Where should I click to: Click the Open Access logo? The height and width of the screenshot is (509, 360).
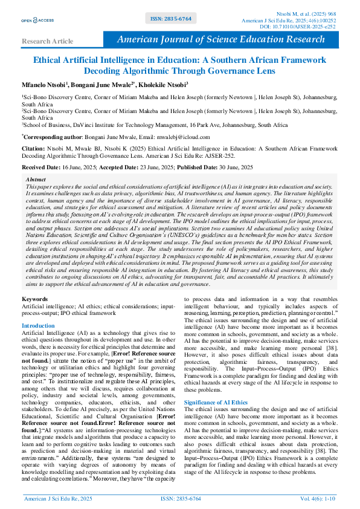pos(37,20)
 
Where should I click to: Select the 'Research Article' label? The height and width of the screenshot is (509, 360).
pos(47,41)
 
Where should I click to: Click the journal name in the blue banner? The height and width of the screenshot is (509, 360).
pos(220,39)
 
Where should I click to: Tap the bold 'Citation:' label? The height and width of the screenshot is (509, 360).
pos(33,147)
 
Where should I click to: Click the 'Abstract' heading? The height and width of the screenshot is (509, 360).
pos(36,180)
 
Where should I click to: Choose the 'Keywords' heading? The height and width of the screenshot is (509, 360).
pos(34,299)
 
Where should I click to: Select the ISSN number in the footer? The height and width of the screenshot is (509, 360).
pos(181,498)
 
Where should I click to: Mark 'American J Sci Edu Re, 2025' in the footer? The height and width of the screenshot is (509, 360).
pos(57,498)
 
